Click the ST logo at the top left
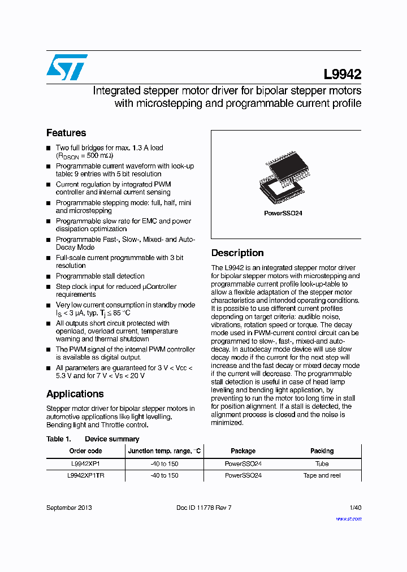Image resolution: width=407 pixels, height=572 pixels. click(x=67, y=67)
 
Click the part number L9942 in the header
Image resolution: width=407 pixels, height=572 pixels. click(x=342, y=75)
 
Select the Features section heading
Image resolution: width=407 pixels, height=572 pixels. click(x=66, y=133)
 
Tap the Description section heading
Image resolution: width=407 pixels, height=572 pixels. click(x=237, y=253)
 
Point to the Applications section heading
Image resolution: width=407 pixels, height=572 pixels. click(x=75, y=394)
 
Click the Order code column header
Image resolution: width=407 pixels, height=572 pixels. click(x=85, y=451)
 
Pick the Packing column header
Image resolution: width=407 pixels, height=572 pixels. click(x=322, y=451)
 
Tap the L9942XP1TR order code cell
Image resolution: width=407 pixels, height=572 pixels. click(x=85, y=475)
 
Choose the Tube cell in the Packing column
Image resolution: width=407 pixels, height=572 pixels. click(x=322, y=463)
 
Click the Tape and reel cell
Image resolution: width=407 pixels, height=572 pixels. click(x=322, y=475)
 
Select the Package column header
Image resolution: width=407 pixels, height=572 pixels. click(x=243, y=451)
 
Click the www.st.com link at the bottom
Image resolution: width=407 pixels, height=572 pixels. click(x=348, y=518)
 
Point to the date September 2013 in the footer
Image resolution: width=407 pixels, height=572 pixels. click(x=69, y=508)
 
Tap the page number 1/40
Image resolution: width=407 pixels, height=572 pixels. click(x=355, y=508)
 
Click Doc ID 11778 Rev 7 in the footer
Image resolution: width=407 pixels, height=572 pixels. click(x=204, y=508)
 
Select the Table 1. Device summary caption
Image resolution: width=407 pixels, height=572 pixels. click(x=93, y=439)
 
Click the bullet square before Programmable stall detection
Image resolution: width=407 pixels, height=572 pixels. click(x=49, y=276)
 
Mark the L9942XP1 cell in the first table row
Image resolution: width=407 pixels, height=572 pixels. click(x=85, y=463)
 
